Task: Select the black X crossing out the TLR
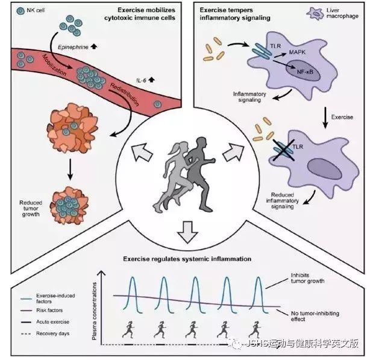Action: (x=280, y=147)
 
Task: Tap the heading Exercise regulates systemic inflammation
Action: (x=184, y=260)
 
